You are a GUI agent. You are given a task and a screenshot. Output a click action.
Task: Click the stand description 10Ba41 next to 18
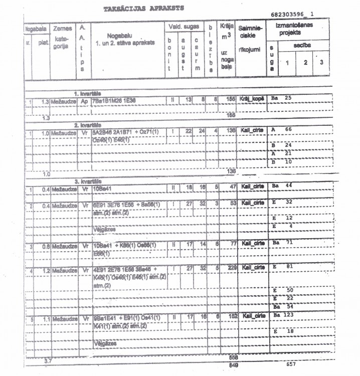(x=103, y=186)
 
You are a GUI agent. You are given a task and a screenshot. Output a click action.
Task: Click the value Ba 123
(x=283, y=315)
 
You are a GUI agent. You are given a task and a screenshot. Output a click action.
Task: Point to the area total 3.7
(x=48, y=360)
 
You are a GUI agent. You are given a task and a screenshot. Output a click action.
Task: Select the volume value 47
(x=231, y=186)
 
